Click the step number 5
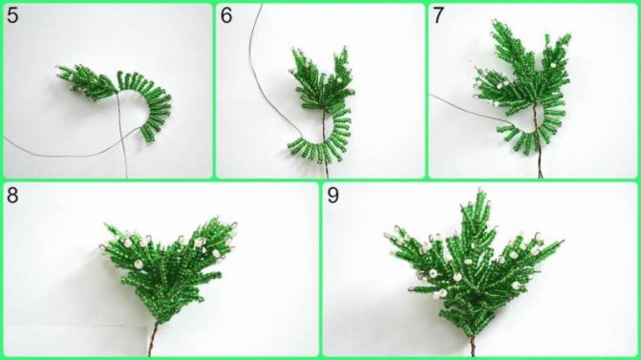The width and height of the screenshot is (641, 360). (12, 15)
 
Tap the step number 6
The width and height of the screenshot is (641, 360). (226, 15)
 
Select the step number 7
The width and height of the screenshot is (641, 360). (438, 15)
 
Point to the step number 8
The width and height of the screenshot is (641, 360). (12, 196)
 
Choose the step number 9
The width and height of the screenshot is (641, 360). (333, 196)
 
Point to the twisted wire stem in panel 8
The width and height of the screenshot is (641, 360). (152, 339)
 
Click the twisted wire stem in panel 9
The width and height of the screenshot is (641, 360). (473, 346)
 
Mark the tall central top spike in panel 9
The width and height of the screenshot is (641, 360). (477, 217)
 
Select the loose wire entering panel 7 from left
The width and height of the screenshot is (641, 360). (470, 109)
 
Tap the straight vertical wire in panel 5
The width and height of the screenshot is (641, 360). (122, 135)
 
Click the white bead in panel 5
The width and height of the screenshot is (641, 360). (71, 76)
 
